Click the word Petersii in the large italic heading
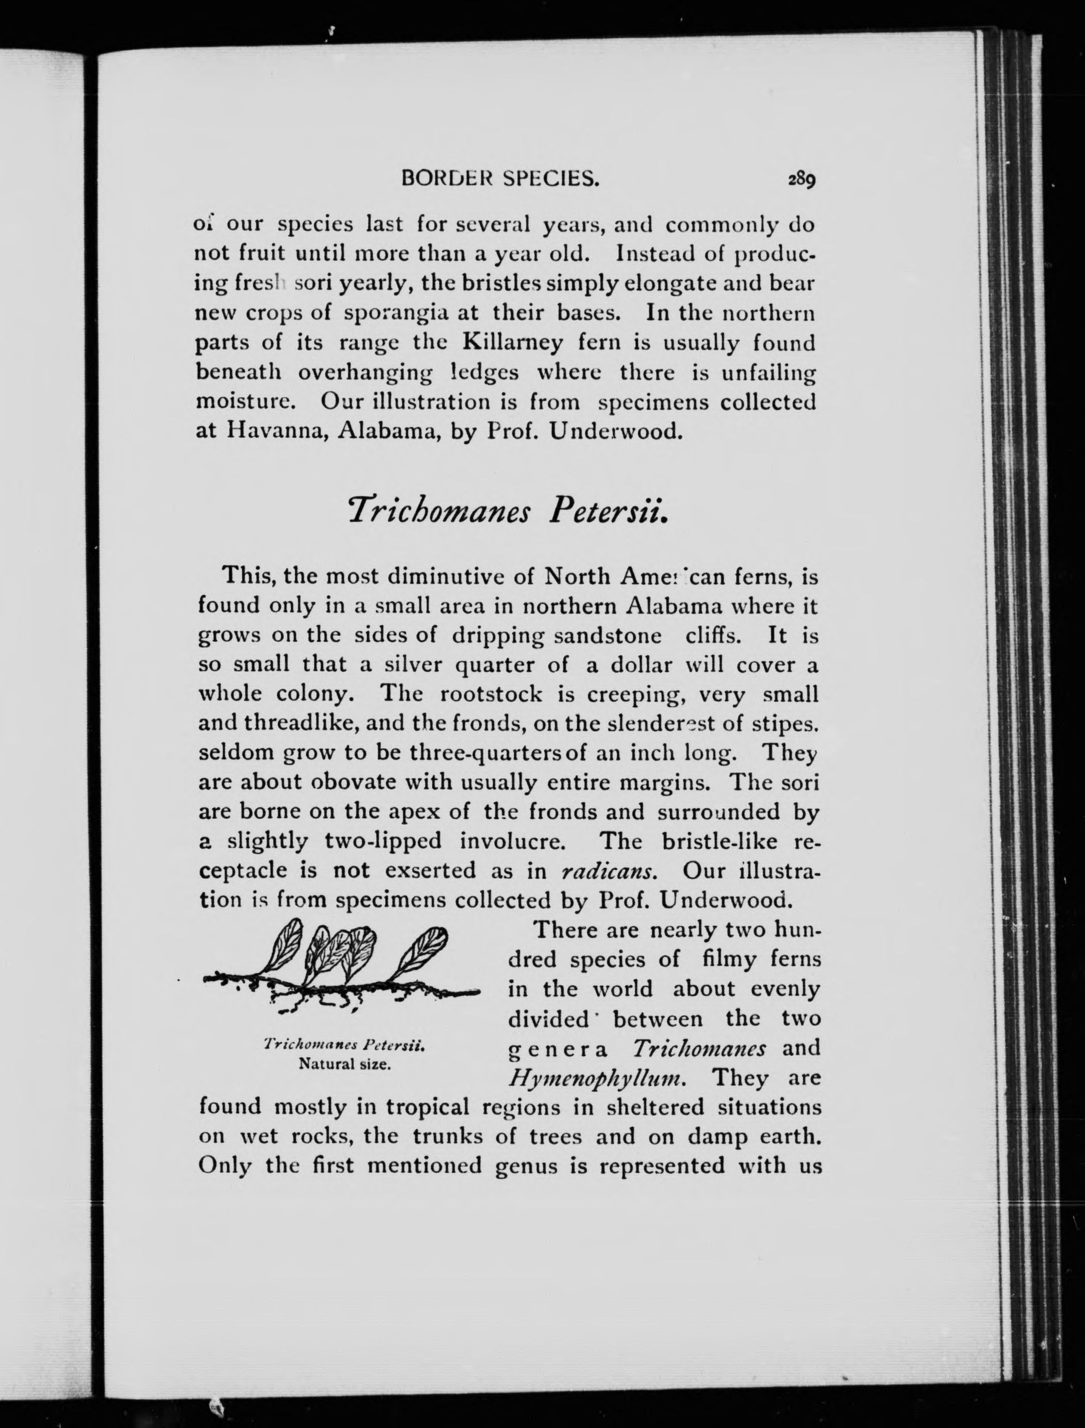click(x=607, y=511)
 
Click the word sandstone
click(x=607, y=635)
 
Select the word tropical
click(x=427, y=1108)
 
